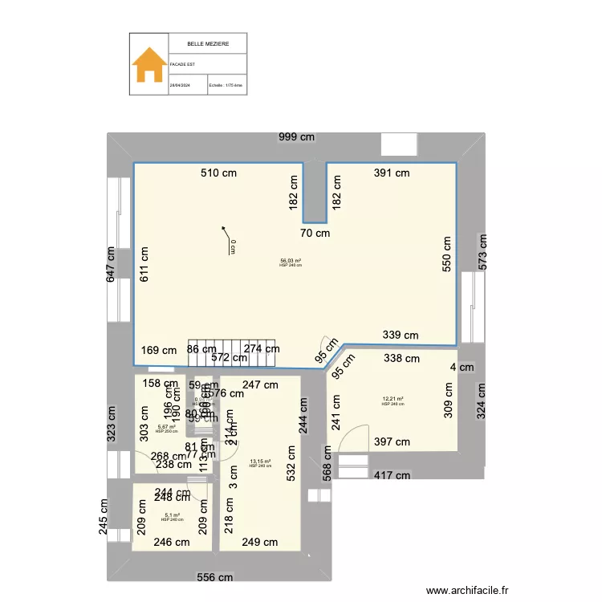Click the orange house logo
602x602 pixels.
pos(149,64)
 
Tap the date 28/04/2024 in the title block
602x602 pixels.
pos(179,84)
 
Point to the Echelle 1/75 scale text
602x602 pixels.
pos(226,84)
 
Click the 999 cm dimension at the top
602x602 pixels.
pos(297,137)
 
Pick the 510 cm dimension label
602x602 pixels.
pos(219,173)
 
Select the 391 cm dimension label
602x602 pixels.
pos(392,173)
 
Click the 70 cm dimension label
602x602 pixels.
pos(315,234)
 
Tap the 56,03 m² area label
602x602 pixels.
pos(291,261)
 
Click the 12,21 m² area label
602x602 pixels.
pos(393,399)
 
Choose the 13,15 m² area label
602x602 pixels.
pos(260,462)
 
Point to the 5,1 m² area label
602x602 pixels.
pos(172,515)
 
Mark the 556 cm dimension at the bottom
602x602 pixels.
pos(216,577)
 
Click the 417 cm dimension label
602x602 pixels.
pos(393,475)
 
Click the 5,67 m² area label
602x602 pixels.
pos(166,427)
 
